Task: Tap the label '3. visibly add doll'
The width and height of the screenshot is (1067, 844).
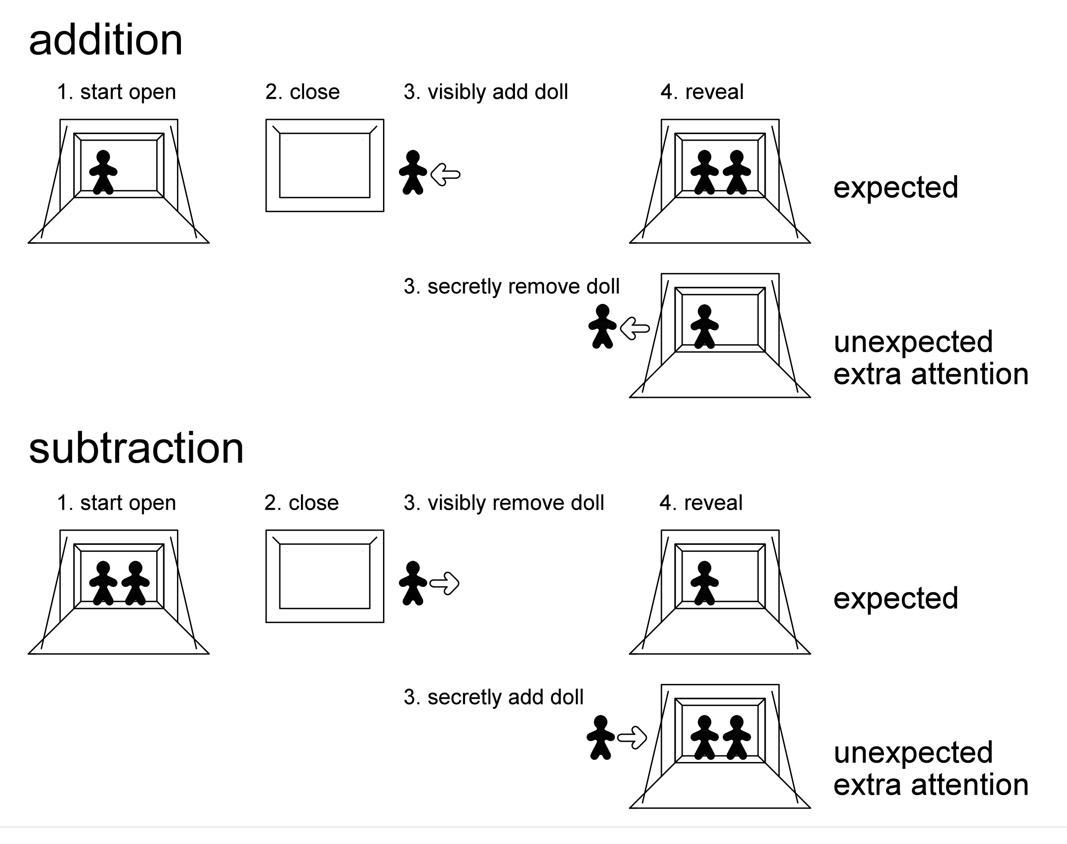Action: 486,92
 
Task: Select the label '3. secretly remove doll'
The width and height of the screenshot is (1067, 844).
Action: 511,287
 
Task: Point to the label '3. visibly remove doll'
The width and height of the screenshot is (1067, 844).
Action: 503,503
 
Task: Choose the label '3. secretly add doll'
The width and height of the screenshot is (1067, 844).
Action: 493,697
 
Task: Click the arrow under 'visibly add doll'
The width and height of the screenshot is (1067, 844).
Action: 446,174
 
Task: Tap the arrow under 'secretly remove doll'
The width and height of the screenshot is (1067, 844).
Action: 635,329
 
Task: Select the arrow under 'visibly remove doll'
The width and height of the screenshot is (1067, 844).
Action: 445,584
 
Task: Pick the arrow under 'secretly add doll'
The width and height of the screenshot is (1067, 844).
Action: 633,738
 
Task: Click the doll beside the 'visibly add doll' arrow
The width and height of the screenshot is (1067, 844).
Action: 413,173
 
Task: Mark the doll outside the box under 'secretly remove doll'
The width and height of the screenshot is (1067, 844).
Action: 602,326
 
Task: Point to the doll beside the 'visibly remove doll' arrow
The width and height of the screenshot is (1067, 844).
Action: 413,583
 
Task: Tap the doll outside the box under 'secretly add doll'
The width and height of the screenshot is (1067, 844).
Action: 601,737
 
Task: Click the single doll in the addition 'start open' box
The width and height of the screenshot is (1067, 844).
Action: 103,173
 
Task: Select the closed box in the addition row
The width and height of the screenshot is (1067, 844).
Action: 325,165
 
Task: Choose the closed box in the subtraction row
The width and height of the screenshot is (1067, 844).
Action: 325,576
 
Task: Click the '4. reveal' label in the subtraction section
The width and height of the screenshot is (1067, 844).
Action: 701,503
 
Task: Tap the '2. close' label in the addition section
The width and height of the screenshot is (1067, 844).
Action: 302,92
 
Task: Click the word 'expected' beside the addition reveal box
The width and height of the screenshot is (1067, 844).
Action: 895,188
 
